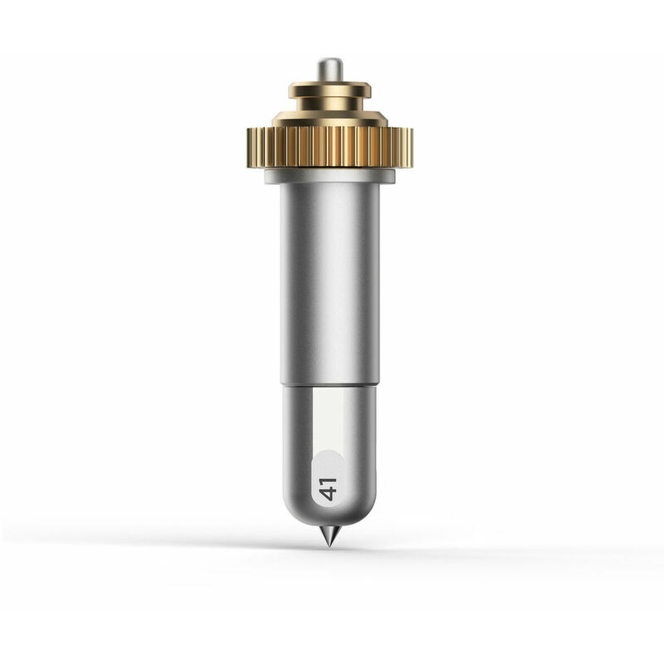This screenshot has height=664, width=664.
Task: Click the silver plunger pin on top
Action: click(330, 70)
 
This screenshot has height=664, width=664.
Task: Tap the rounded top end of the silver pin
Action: click(330, 60)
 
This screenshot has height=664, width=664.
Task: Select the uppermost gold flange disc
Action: click(330, 90)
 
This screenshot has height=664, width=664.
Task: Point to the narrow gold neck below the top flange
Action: click(330, 105)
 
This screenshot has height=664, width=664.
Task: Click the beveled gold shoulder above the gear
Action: click(330, 119)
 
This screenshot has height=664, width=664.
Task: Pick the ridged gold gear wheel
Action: click(330, 148)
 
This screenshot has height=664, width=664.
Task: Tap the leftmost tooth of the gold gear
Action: click(250, 148)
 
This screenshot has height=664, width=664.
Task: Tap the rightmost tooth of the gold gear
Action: click(410, 148)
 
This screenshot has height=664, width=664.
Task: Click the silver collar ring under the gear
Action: click(330, 176)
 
